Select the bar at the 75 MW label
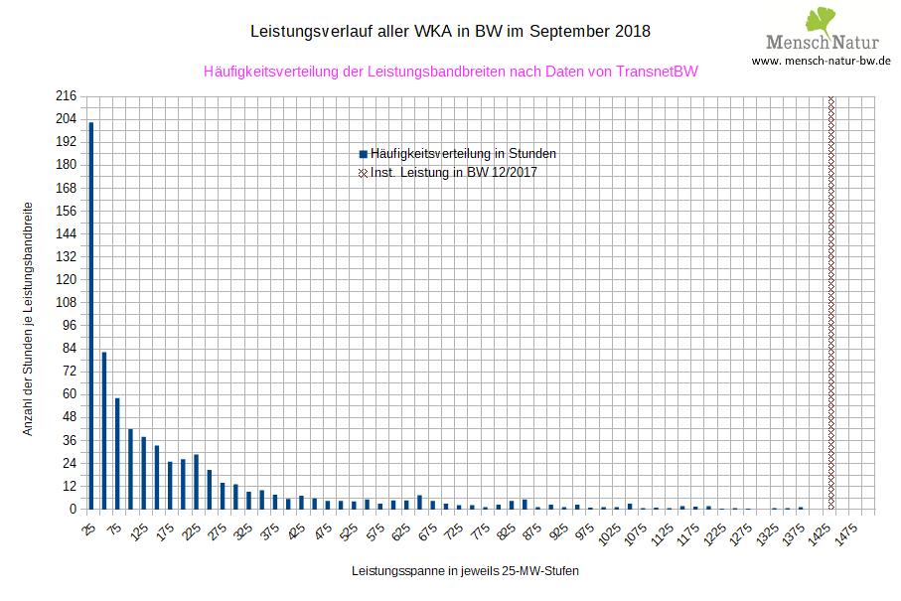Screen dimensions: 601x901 coord(117,453)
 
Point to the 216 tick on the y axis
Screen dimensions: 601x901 coord(66,96)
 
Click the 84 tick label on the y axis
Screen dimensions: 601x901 coord(69,348)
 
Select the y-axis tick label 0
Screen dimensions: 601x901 coord(73,509)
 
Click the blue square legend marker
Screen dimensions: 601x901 coord(364,154)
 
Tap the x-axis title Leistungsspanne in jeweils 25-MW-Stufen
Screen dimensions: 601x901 coord(464,572)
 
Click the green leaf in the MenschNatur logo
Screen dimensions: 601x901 coord(820,20)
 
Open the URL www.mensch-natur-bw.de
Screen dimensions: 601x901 coord(821,61)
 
